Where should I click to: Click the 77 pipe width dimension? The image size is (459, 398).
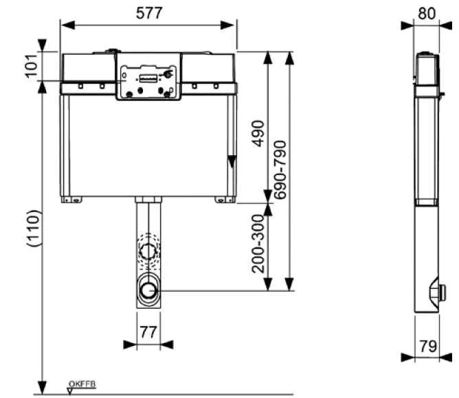pos(148,332)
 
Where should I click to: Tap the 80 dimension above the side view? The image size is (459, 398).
pos(427,14)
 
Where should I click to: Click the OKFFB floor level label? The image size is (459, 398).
pos(85,383)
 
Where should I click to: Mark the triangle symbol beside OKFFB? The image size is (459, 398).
pos(70,388)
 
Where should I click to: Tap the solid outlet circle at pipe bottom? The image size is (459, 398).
pos(148,290)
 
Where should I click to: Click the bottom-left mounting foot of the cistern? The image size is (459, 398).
pos(71,200)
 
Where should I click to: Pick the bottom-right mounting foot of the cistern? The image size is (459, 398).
pos(224,200)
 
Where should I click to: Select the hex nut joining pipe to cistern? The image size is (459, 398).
pos(147,201)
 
